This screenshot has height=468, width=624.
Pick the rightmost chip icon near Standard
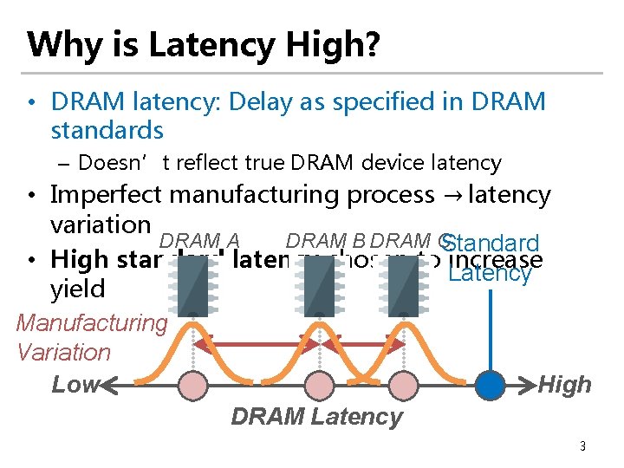click(x=402, y=282)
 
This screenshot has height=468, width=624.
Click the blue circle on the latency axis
click(x=491, y=384)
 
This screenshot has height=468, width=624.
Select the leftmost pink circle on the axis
click(x=192, y=384)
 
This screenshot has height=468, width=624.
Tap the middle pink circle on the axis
click(x=318, y=384)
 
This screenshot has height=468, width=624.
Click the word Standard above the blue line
click(x=495, y=244)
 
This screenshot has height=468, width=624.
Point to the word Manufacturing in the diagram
click(x=92, y=323)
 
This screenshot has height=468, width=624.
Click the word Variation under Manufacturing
click(x=64, y=352)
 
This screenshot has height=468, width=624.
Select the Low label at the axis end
click(x=75, y=384)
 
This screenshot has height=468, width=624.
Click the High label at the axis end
click(x=565, y=384)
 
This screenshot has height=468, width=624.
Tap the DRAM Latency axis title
click(x=317, y=417)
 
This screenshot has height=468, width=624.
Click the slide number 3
click(x=582, y=446)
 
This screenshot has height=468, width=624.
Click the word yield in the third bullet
click(x=77, y=289)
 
